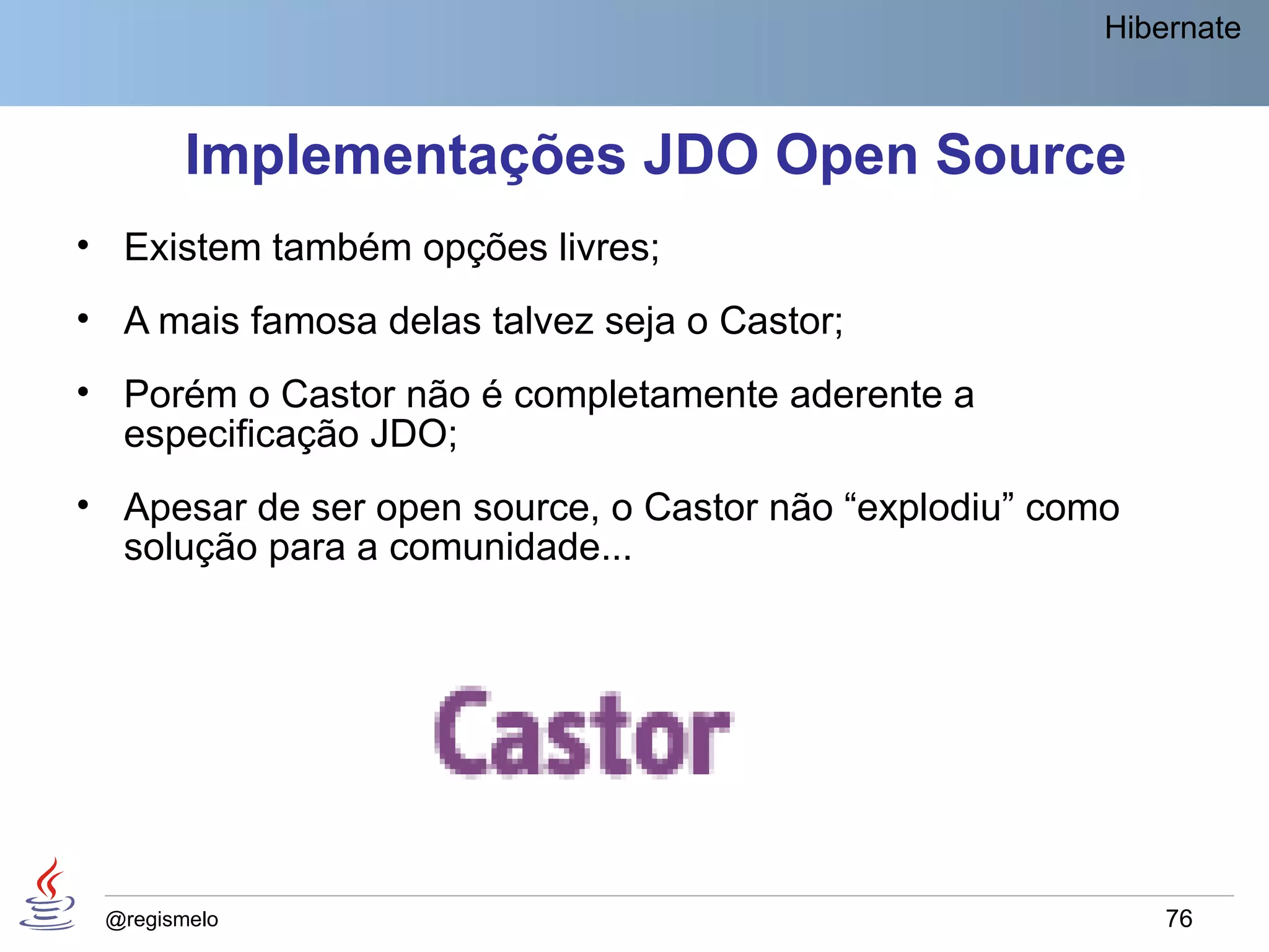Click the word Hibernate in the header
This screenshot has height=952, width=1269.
pos(1172,29)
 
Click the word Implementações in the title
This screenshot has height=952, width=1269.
pos(405,155)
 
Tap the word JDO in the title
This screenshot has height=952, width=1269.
pos(701,155)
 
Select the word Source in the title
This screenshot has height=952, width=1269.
pos(1030,155)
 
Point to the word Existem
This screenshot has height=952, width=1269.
pos(192,247)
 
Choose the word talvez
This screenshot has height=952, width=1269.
pos(543,321)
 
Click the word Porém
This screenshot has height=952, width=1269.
pos(180,394)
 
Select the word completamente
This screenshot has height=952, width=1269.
pos(646,395)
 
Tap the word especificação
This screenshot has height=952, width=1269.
pos(241,434)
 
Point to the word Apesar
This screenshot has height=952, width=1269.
pos(185,508)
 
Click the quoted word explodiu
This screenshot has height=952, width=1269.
pos(929,508)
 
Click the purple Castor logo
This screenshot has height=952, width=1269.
pos(582,733)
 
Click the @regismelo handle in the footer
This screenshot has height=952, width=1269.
pos(162,919)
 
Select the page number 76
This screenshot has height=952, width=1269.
pos(1179,919)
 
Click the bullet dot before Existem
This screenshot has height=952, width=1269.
pos(83,245)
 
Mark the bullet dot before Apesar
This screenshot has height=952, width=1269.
pos(83,505)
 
